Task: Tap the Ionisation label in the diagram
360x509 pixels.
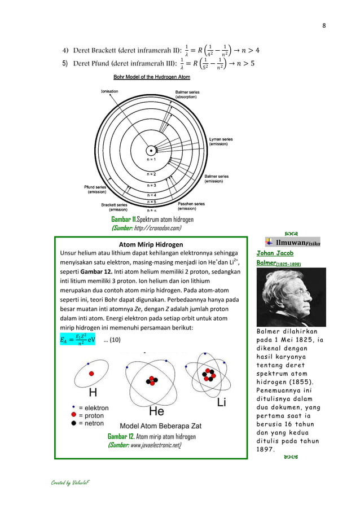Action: click(x=109, y=91)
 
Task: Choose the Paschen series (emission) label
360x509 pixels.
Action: click(x=191, y=206)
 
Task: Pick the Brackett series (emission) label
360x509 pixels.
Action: click(x=118, y=207)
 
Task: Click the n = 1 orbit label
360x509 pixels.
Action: click(x=152, y=160)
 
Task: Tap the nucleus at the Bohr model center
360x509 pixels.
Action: click(x=151, y=150)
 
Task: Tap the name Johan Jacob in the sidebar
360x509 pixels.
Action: click(x=275, y=253)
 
